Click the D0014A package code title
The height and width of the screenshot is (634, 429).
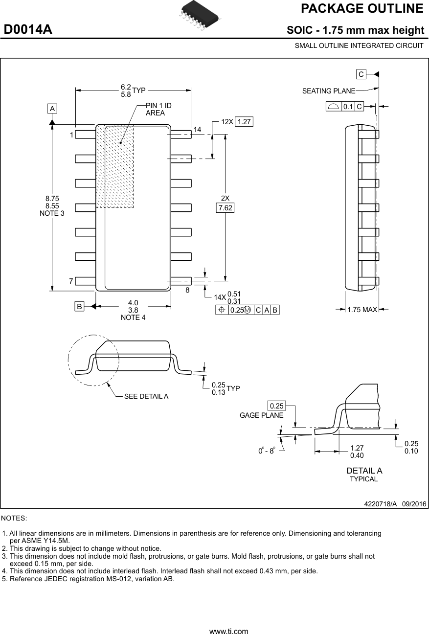pos(28,30)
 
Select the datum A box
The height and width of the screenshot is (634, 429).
pos(52,108)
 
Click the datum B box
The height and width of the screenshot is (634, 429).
pos(79,306)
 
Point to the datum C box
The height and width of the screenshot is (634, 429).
pos(361,74)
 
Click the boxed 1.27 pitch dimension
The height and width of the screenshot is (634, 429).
pos(244,122)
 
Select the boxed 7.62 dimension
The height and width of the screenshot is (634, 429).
pos(226,208)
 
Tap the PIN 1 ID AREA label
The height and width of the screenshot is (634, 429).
pos(158,109)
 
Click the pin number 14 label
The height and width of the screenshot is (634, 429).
pos(197,130)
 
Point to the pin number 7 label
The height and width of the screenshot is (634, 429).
pos(71,281)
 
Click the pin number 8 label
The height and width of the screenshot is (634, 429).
pos(187,290)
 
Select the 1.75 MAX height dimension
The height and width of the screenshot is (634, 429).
pos(362,309)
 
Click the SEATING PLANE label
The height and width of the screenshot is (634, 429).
pos(328,91)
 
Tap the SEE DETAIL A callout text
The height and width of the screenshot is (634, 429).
pos(146,396)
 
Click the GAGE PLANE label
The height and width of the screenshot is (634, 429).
pos(261,415)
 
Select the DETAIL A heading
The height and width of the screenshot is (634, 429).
pos(364,471)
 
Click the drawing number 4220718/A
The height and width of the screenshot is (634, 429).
pos(380,504)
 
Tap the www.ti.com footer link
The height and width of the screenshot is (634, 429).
pos(228,631)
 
